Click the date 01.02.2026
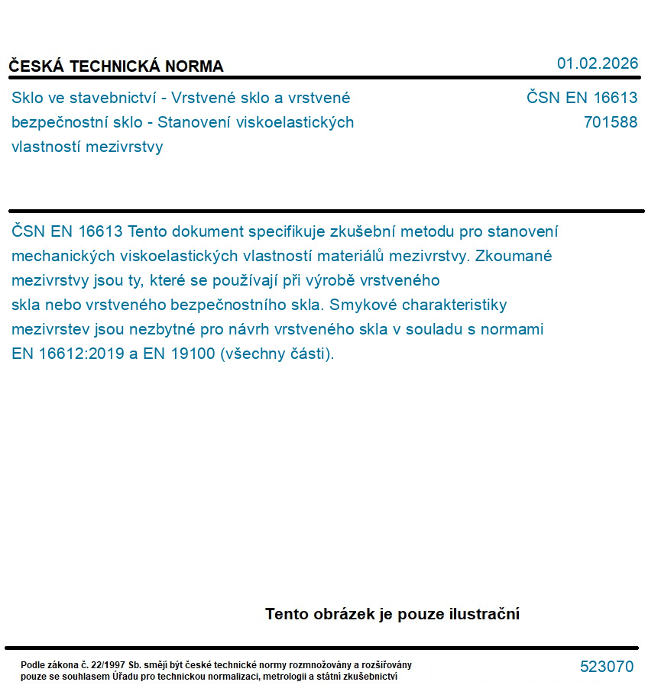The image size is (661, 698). tap(597, 63)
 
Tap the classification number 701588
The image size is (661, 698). tap(610, 122)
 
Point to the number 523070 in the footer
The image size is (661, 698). tap(607, 667)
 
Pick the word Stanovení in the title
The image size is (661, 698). tap(194, 122)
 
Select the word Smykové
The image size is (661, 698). tap(361, 305)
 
